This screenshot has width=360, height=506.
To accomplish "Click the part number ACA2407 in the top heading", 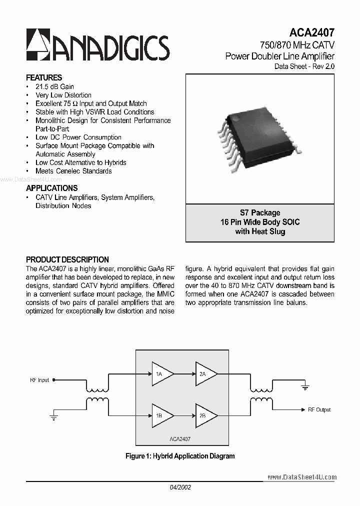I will click(310, 33).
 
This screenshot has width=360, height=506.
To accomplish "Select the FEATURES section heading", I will click(44, 77).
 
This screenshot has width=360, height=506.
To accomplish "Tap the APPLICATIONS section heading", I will click(51, 188).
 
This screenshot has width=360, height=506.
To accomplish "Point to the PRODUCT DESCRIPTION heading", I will click(67, 259).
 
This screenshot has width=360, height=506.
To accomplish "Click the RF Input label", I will click(39, 380).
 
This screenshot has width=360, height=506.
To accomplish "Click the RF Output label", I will click(319, 409).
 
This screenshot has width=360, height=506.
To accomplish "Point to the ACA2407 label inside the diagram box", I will click(179, 438).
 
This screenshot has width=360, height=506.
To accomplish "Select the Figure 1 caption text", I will click(180, 456).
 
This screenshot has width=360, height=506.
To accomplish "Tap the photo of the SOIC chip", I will click(260, 136).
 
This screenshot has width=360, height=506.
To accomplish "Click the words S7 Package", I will click(260, 212).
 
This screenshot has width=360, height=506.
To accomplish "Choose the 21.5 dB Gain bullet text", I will click(54, 86).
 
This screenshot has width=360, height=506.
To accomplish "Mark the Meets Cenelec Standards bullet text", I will click(73, 171).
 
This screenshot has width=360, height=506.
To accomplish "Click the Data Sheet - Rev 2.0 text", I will click(304, 66).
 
